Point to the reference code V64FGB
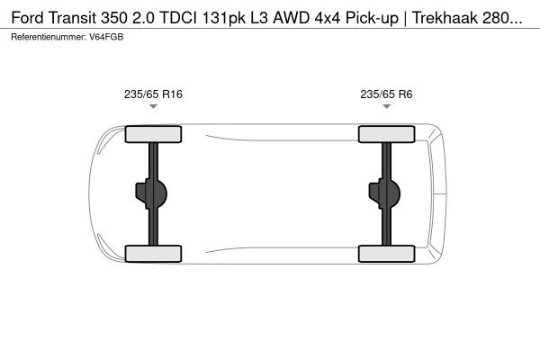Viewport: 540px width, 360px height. click(x=108, y=37)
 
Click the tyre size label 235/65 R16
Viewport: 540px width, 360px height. click(x=153, y=93)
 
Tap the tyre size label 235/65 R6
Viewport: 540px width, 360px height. click(x=386, y=93)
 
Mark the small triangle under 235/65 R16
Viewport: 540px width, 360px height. click(x=153, y=107)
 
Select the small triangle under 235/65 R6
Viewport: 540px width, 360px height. click(x=386, y=107)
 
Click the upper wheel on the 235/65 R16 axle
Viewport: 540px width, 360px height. click(x=153, y=135)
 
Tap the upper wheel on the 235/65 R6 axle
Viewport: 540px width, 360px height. click(x=386, y=135)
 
